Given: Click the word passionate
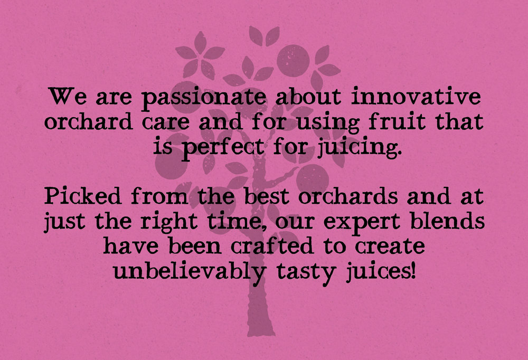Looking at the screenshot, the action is [204, 98].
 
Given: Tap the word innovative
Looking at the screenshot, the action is [416, 96].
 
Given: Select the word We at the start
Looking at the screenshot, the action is [68, 96].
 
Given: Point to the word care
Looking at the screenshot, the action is [165, 122].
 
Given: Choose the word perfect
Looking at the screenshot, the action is [223, 148].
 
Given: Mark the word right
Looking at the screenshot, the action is [169, 222].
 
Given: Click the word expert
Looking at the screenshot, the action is [362, 223].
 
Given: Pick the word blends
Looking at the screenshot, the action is [447, 221].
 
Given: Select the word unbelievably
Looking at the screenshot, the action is [190, 273].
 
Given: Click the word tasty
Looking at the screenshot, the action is [306, 273].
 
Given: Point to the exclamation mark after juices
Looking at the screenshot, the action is [413, 271].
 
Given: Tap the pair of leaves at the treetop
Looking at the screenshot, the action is [265, 36].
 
